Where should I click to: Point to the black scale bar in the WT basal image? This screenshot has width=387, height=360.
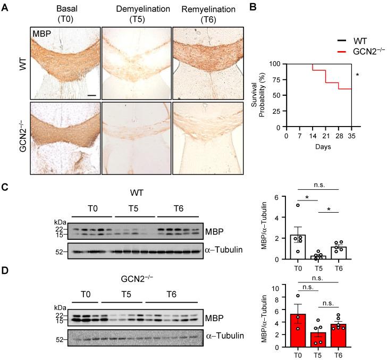(91, 95)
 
